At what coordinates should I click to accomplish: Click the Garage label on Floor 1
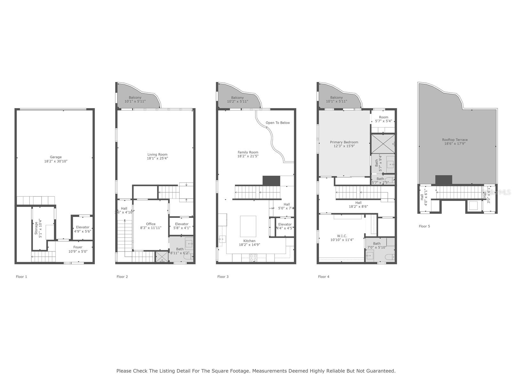click(56, 157)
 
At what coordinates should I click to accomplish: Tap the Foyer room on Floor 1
click(78, 249)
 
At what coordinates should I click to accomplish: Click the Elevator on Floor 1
click(83, 229)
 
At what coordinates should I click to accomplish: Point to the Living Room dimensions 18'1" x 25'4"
click(157, 158)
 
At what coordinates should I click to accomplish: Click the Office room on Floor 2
click(151, 226)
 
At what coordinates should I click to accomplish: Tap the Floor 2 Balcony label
click(135, 98)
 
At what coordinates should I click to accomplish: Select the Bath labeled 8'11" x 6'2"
click(180, 251)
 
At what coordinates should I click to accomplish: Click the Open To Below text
click(277, 123)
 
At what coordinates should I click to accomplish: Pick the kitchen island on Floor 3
click(248, 226)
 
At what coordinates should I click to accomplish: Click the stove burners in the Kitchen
click(253, 258)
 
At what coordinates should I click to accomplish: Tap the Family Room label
click(248, 153)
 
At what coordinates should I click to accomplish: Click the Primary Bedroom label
click(344, 142)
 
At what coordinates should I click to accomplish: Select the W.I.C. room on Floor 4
click(342, 238)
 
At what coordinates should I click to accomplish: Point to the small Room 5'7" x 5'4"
click(383, 119)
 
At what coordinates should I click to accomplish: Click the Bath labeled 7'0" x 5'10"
click(377, 245)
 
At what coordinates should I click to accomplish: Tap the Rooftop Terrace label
click(455, 140)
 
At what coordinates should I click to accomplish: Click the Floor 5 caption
click(424, 226)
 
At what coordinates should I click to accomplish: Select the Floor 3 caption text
click(223, 277)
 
